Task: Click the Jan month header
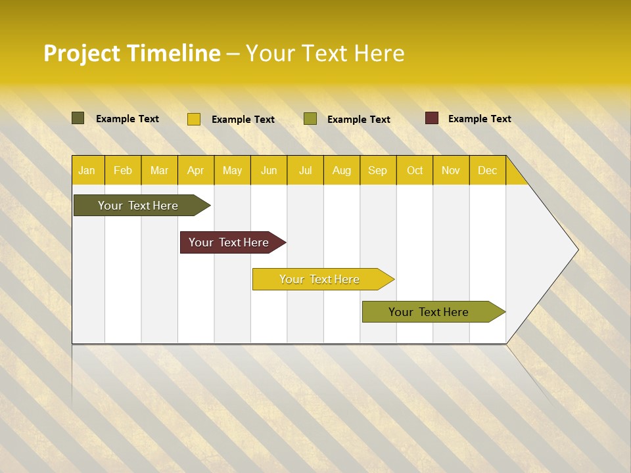coord(87,170)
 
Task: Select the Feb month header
coord(123,170)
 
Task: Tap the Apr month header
coord(196,170)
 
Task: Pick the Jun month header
coord(269,170)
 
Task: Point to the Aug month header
coord(342,170)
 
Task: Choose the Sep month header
coord(378,170)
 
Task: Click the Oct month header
coord(415,170)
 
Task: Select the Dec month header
coord(488,170)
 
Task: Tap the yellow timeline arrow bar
coord(320,279)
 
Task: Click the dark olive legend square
coord(78,118)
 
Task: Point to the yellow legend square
coord(194,119)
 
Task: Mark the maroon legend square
coord(432,118)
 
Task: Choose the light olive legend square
coord(310,119)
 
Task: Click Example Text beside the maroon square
coord(479,119)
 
